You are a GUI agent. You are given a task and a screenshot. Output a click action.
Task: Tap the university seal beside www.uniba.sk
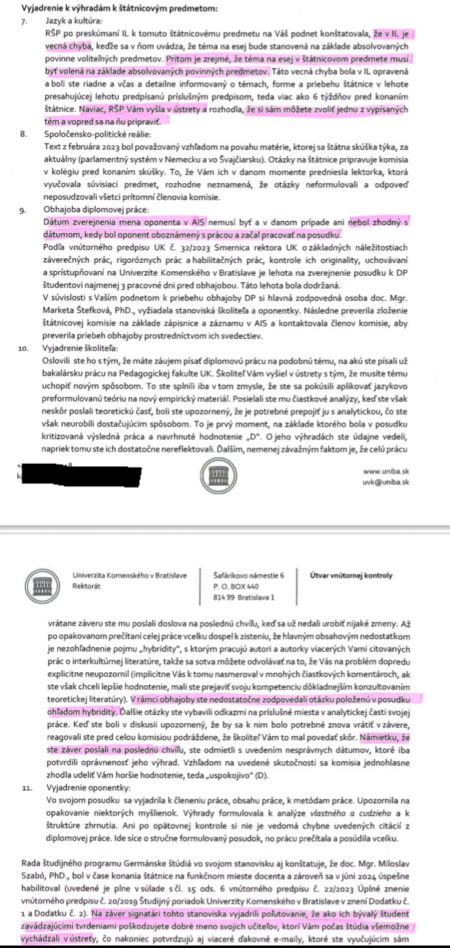point(212,476)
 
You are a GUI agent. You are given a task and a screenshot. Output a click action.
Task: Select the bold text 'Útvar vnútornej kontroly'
point(351,575)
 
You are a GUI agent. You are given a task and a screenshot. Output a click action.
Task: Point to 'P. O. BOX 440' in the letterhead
point(236,586)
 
